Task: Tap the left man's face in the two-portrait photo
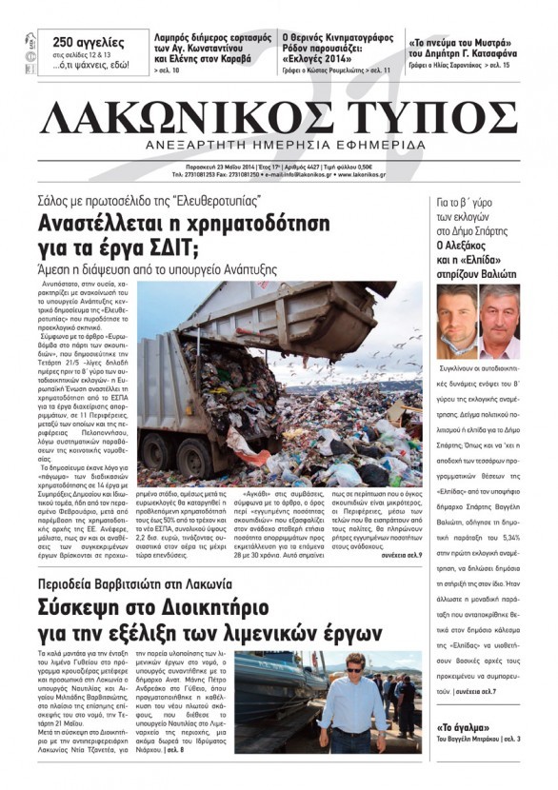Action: (x=455, y=318)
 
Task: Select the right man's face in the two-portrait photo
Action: (x=499, y=318)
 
